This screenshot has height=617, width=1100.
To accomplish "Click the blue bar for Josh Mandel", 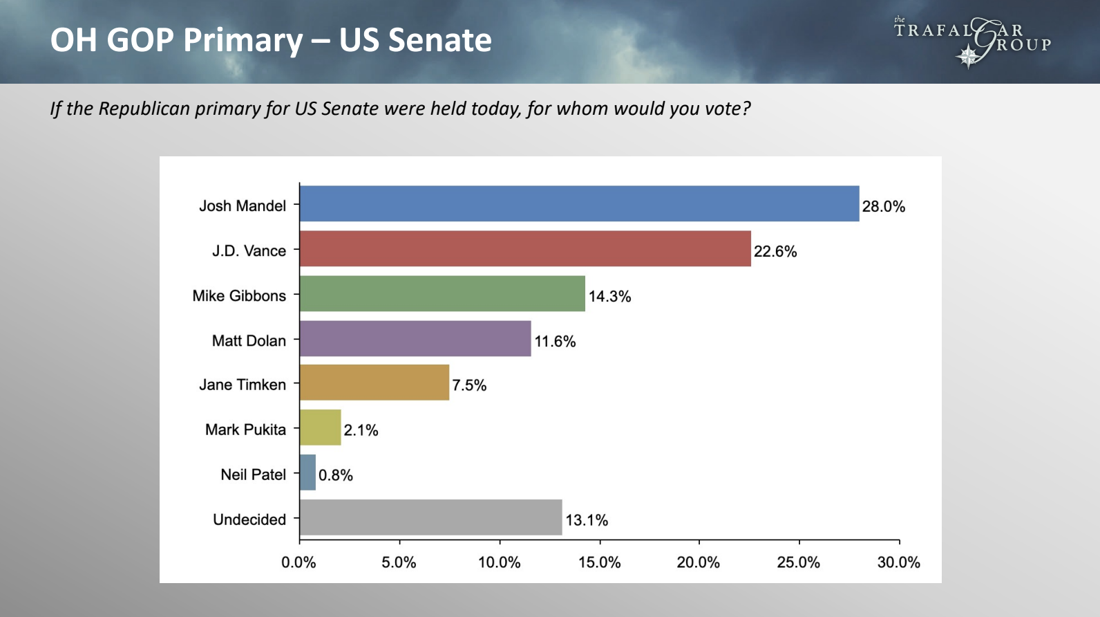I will [579, 203].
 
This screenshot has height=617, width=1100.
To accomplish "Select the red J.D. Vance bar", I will [525, 248].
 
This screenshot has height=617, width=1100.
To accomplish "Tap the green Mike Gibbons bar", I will [442, 293].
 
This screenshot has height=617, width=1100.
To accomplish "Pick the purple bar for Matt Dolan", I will [415, 338].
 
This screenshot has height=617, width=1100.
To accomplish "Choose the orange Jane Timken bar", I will [374, 383].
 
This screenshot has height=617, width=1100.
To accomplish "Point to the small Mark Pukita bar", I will [321, 427].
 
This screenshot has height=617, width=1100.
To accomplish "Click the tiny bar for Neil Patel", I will [308, 472].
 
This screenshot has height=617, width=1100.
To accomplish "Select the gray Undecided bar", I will [430, 517].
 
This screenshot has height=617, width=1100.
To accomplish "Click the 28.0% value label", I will [883, 206].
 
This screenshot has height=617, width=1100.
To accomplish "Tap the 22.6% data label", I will [775, 251].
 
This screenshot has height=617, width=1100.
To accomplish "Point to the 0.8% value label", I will [335, 475].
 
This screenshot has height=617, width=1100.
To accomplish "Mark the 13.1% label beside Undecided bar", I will [587, 520].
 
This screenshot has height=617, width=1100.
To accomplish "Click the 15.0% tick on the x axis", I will [599, 562].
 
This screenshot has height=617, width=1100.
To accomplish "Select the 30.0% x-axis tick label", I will [898, 562].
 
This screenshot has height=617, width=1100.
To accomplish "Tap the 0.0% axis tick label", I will [298, 562].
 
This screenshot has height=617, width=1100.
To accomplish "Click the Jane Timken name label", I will [242, 385].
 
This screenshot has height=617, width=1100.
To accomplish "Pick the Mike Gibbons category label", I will [239, 295].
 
